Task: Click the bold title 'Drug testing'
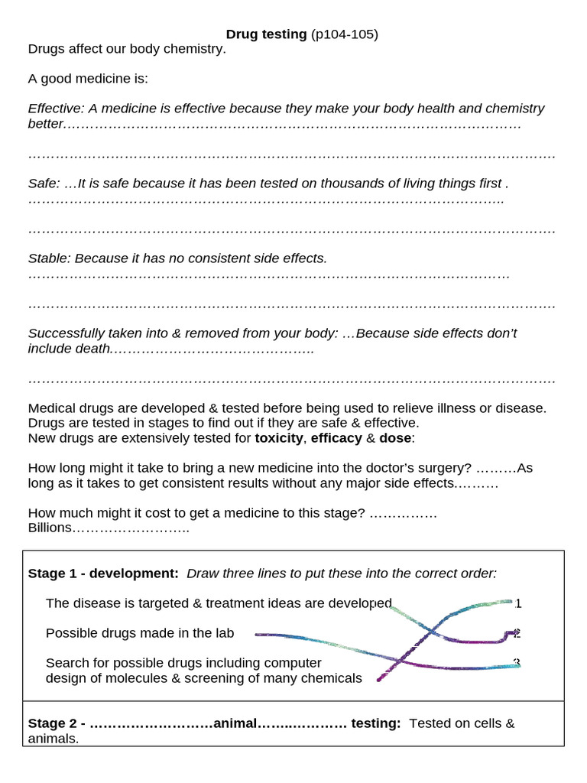point(266,34)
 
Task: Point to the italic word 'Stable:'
point(49,258)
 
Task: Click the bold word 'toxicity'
point(279,438)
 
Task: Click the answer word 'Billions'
point(50,528)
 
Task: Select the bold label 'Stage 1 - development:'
point(103,573)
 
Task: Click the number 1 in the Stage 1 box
point(518,603)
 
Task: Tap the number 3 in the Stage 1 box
point(517,663)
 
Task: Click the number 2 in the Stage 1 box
point(517,633)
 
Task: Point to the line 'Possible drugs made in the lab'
point(140,633)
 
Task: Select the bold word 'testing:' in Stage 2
point(375,723)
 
